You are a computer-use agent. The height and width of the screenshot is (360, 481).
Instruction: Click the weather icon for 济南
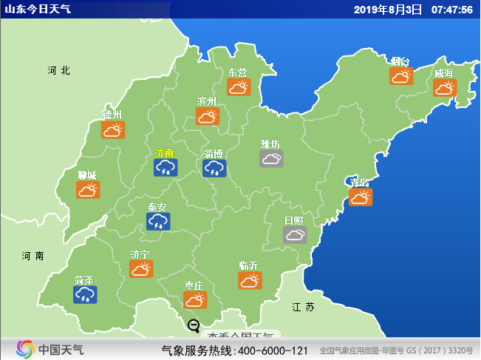(x=166, y=168)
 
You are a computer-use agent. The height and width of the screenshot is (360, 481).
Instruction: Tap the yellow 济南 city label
(x=165, y=153)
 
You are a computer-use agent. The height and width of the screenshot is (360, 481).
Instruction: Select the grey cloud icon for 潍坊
(x=271, y=158)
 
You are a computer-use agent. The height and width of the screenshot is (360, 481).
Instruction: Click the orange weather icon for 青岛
(x=361, y=197)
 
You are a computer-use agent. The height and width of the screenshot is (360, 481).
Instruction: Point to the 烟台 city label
(x=400, y=61)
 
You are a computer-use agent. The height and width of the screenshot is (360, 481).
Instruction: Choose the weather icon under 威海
(x=444, y=88)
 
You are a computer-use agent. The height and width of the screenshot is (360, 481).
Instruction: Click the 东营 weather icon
(x=239, y=87)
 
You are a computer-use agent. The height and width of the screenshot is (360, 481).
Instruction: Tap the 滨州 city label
(x=207, y=101)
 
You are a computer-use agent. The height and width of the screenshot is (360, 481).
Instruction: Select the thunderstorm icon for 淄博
(x=214, y=168)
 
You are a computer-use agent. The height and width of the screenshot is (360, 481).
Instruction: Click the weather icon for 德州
(x=112, y=130)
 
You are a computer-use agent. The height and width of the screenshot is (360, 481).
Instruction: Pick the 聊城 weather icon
(x=88, y=189)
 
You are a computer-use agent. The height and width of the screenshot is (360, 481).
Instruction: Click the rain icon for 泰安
(x=157, y=221)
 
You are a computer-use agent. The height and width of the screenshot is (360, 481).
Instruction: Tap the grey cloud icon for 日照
(x=295, y=235)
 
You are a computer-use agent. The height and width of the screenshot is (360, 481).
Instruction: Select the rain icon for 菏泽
(x=85, y=295)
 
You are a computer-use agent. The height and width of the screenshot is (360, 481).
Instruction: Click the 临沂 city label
(x=249, y=265)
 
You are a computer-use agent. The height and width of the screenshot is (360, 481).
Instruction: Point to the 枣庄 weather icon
(x=195, y=299)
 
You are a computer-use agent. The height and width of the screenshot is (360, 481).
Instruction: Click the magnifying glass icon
(x=194, y=325)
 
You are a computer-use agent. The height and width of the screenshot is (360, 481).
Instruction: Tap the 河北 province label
(x=58, y=70)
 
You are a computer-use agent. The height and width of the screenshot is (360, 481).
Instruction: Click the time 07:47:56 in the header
(x=451, y=9)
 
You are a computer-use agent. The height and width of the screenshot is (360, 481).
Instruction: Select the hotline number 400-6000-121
(x=273, y=350)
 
